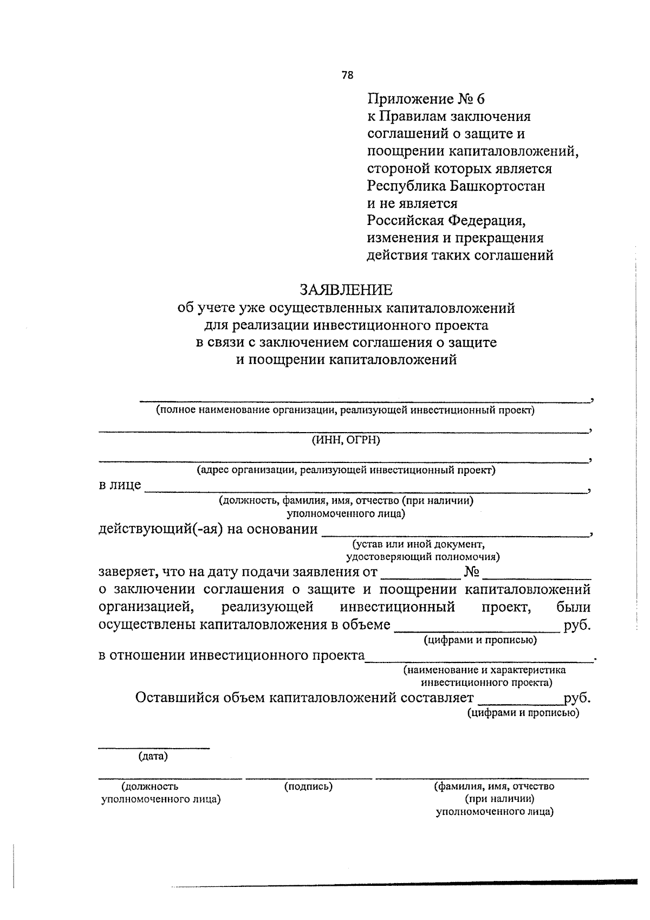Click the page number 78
click(347, 75)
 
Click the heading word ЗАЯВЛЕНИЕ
click(346, 290)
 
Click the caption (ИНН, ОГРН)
click(346, 440)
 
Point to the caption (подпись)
click(308, 786)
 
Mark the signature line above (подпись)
click(308, 778)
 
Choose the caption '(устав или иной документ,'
click(418, 544)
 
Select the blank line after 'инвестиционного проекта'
click(479, 661)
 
